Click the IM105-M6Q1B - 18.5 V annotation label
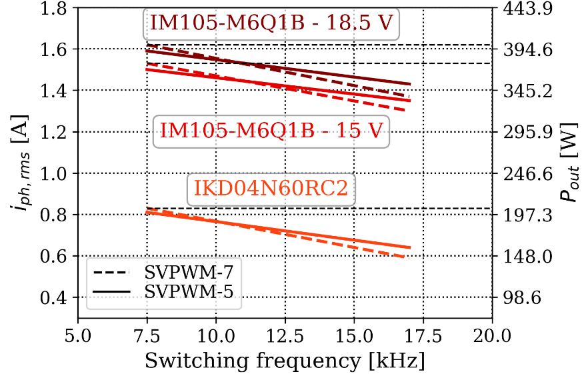point(271,23)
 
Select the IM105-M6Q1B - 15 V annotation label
point(271,131)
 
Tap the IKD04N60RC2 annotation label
point(271,190)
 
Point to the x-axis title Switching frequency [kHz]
point(284,361)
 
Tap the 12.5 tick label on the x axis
point(285,333)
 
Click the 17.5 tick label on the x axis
point(423,333)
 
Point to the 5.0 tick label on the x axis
point(78,333)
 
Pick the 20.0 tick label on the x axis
point(491,333)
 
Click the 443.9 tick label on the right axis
point(519,9)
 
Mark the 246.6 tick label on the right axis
point(519,173)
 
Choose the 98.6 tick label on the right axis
point(517,297)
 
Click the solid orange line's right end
point(409,248)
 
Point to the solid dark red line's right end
point(409,84)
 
